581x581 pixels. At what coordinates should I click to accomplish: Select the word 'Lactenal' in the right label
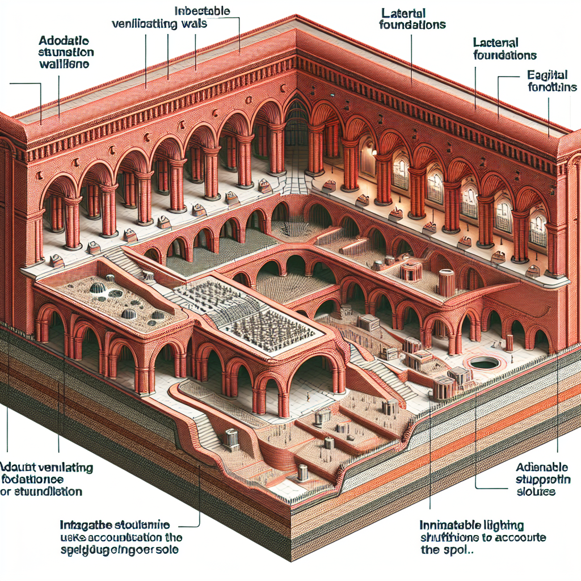pyautogui.click(x=495, y=42)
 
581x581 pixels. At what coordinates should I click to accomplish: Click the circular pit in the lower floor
pyautogui.click(x=481, y=363)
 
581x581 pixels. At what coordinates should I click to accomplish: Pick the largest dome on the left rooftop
pyautogui.click(x=99, y=288)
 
